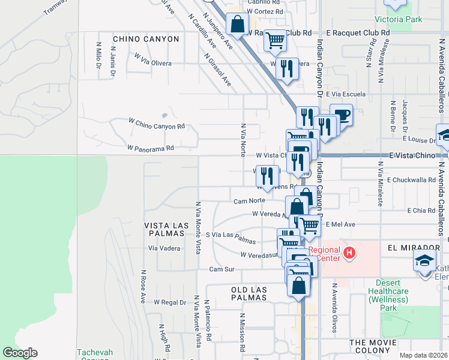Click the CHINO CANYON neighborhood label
coord(146,39)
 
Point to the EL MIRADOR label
coord(414,247)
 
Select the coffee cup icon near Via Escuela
coord(341,113)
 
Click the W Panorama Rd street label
coord(150,148)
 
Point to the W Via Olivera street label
coord(152,59)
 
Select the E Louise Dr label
coord(419,139)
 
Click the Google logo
coord(20,353)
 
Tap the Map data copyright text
coord(423,355)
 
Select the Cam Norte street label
coord(249,201)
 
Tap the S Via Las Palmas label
coord(231,238)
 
